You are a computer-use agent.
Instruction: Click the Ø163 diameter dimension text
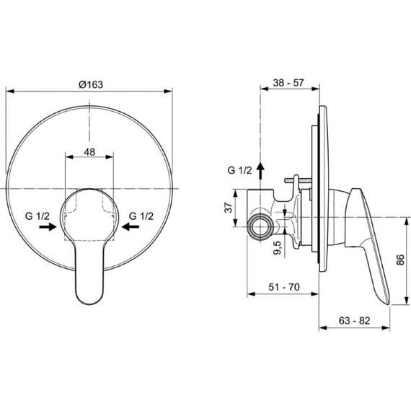coord(90,84)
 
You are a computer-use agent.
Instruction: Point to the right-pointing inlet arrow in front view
coord(48,227)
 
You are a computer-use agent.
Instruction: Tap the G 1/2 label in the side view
coord(240,170)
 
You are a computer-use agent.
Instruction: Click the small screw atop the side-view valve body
coord(296,181)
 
